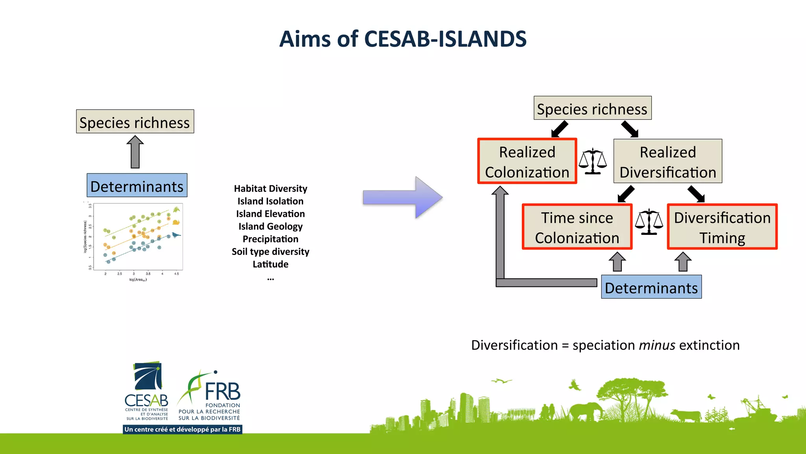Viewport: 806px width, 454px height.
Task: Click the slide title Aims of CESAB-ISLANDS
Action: [403, 39]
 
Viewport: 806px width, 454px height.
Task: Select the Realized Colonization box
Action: [527, 161]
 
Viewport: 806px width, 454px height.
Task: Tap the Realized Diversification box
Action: [667, 161]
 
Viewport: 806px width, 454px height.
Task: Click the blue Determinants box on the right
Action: [651, 287]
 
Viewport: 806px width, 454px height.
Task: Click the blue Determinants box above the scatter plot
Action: [137, 186]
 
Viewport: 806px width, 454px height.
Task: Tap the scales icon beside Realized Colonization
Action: [593, 161]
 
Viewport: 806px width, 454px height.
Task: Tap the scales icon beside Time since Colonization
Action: [649, 222]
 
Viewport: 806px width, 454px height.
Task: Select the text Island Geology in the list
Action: [270, 227]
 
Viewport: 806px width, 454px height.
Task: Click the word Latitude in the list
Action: [270, 264]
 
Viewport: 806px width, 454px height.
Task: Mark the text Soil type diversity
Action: [270, 252]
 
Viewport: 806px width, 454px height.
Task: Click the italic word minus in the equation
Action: [657, 346]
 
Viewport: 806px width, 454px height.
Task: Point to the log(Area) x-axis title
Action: [138, 280]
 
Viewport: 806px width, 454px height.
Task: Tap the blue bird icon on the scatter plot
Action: [176, 235]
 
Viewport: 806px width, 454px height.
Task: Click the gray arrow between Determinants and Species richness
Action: [135, 153]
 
